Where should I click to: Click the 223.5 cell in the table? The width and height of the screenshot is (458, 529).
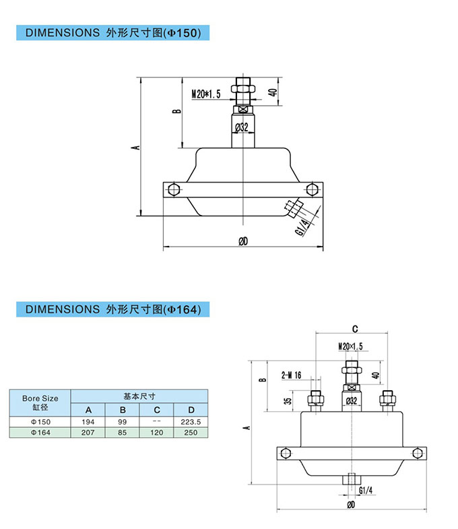tap(191, 421)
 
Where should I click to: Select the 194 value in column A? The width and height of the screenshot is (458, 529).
tap(88, 421)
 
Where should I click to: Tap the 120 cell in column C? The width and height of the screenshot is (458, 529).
tap(156, 433)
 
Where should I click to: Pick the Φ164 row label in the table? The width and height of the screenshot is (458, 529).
tap(40, 433)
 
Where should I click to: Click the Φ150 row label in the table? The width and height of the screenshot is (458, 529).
tap(40, 421)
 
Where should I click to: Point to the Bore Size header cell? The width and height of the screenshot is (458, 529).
tap(40, 402)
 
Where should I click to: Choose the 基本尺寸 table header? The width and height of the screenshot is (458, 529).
tap(139, 396)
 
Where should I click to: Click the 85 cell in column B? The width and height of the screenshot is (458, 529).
tap(123, 433)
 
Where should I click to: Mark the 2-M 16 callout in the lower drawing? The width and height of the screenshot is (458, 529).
tap(291, 375)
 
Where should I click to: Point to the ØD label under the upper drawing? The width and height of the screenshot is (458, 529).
tap(243, 241)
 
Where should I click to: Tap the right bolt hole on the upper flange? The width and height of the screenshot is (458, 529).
tap(310, 189)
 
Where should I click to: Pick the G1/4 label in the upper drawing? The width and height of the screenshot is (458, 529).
tap(303, 226)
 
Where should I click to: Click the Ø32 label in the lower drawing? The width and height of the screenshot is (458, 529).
tap(351, 400)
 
